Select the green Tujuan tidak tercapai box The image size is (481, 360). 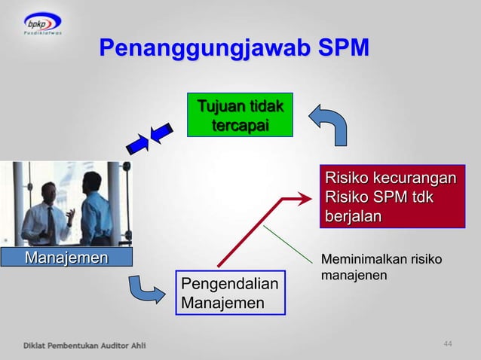pos(240,114)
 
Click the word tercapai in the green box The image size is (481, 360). pos(240,124)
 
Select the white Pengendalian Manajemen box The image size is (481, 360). pos(231,292)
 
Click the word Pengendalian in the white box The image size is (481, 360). pos(229,284)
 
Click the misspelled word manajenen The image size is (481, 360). pos(354,276)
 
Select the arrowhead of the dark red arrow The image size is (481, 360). pos(302,198)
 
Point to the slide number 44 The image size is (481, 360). pos(448,344)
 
